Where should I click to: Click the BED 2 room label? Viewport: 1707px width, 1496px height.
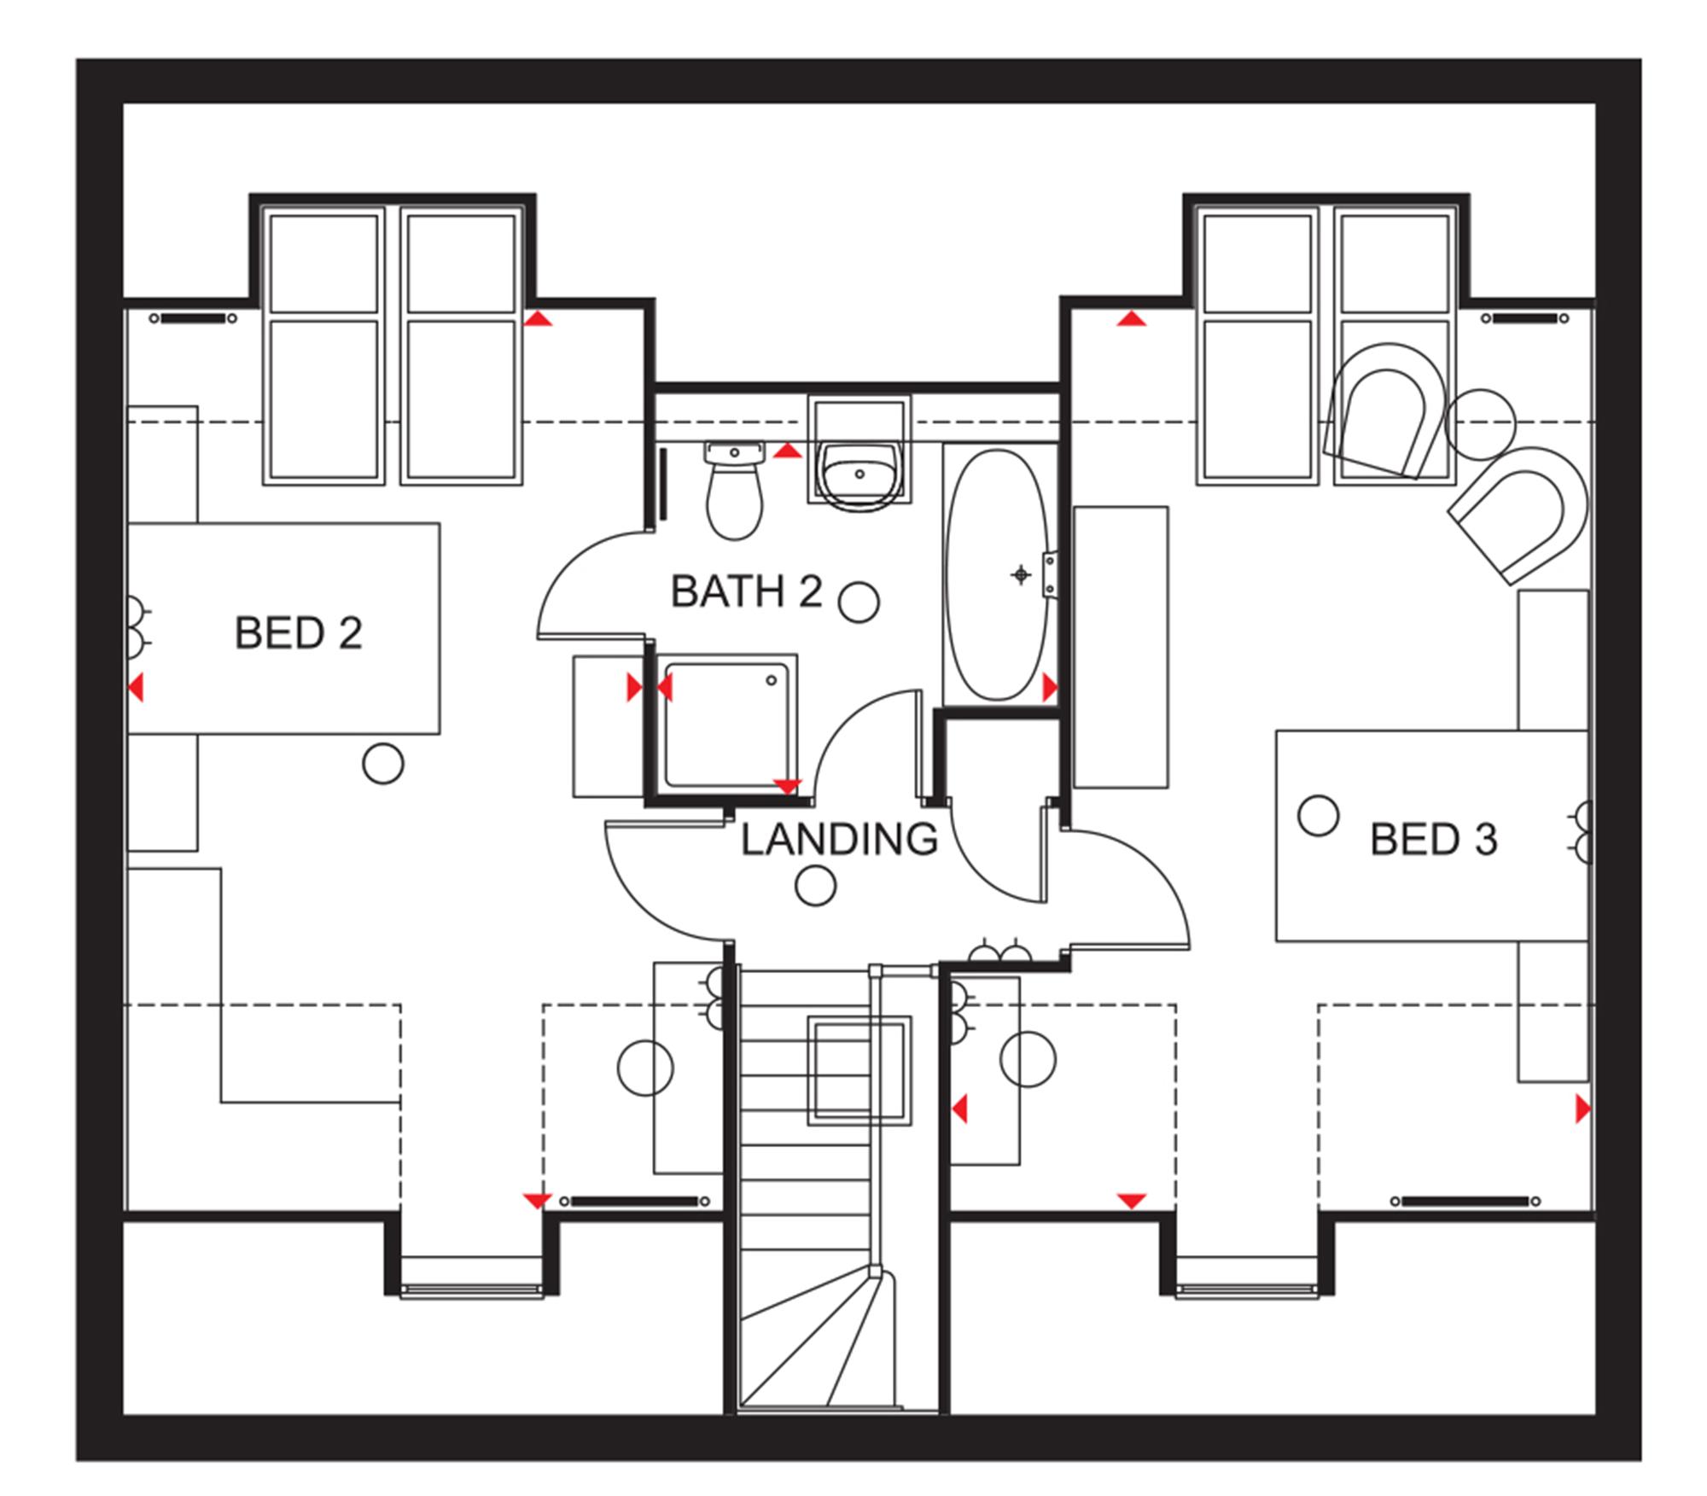tap(298, 633)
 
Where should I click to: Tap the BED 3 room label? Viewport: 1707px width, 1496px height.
tap(1433, 840)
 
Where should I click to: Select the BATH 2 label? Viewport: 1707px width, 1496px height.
tap(746, 591)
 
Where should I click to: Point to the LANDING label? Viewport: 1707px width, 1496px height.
tap(839, 840)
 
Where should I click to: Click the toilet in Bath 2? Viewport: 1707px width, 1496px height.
tap(734, 491)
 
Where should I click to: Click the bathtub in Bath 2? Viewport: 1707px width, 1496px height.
tap(997, 575)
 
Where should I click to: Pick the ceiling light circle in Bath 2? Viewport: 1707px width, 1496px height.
tap(859, 602)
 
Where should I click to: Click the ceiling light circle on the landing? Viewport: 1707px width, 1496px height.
tap(815, 886)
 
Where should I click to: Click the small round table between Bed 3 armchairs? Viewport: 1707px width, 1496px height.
tap(1481, 423)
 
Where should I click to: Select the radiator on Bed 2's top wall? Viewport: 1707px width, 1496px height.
tap(193, 319)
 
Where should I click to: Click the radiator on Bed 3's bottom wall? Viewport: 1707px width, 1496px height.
tap(1465, 1202)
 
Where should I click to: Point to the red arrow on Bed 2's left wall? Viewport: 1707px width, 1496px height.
tap(136, 688)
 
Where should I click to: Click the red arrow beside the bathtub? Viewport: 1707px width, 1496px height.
tap(1050, 688)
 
